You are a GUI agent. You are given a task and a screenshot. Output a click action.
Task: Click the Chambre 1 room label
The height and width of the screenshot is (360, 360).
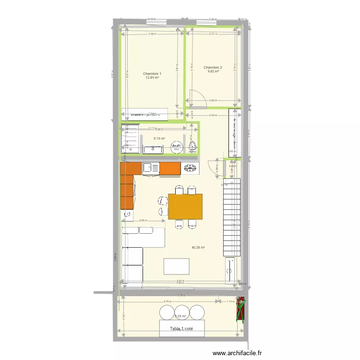pyautogui.click(x=152, y=73)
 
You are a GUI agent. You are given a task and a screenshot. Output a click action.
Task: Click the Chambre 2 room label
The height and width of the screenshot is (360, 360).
pyautogui.click(x=213, y=67)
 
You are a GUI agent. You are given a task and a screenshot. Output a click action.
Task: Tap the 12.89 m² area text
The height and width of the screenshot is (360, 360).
pyautogui.click(x=152, y=78)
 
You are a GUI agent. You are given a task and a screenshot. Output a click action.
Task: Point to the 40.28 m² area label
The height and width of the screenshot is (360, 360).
pyautogui.click(x=198, y=248)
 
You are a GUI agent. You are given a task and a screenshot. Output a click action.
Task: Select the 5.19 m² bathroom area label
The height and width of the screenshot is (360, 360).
pyautogui.click(x=159, y=138)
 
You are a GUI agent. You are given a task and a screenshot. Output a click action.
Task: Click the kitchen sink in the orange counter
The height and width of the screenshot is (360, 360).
pyautogui.click(x=151, y=168)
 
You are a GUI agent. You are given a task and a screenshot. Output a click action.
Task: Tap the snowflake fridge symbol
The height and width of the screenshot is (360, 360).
pyautogui.click(x=190, y=168)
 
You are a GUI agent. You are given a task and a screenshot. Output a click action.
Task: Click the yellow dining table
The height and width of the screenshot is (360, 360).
pyautogui.click(x=185, y=206)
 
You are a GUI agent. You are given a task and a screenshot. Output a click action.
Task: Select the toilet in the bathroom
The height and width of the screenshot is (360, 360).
pyautogui.click(x=192, y=147)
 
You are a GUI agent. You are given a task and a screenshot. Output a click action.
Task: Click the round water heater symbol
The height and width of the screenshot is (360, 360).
pyautogui.click(x=176, y=146)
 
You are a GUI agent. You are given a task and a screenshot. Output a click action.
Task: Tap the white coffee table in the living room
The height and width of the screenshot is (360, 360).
pyautogui.click(x=176, y=266)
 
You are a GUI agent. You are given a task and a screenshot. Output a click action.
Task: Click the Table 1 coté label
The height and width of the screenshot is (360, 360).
pyautogui.click(x=183, y=329)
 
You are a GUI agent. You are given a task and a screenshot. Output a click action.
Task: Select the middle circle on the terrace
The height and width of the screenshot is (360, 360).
pyautogui.click(x=182, y=312)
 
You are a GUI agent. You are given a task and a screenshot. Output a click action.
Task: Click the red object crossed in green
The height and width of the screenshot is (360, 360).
pyautogui.click(x=240, y=310)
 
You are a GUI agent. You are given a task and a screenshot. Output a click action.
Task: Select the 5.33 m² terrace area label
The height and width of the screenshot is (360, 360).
pyautogui.click(x=180, y=316)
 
